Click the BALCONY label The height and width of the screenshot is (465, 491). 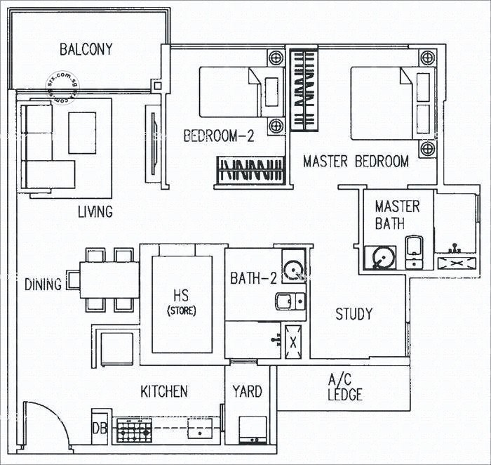[86, 49]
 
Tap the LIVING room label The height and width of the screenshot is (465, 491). [95, 211]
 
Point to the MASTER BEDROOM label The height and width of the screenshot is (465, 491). [356, 162]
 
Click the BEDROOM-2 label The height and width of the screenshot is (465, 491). [218, 136]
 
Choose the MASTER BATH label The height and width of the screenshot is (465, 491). [397, 215]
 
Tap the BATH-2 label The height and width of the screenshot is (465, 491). [253, 279]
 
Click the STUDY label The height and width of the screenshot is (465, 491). [354, 314]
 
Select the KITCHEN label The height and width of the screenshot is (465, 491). [163, 391]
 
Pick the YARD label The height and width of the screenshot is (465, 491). [247, 391]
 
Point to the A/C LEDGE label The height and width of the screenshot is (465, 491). [344, 387]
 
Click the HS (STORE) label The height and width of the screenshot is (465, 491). [180, 303]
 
